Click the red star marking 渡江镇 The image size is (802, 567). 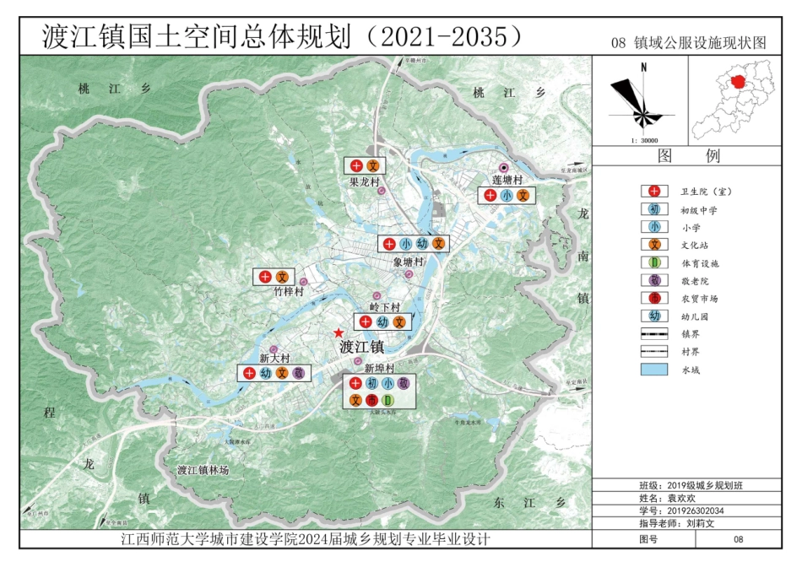coord(339,334)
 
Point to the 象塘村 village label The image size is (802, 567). coord(408,262)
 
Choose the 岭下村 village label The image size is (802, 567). coord(384,307)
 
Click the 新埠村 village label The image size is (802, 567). coord(379,369)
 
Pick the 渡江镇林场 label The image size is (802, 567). coord(203,469)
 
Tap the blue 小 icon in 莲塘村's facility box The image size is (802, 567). coord(506,196)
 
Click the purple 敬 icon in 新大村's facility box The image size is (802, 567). coord(297,372)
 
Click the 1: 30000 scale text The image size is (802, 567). coord(644,141)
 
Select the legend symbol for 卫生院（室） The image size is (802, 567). coord(654,192)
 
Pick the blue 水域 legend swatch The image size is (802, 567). coord(654,370)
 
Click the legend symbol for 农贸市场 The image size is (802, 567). coord(654,298)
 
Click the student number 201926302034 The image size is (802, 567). coord(696,511)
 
